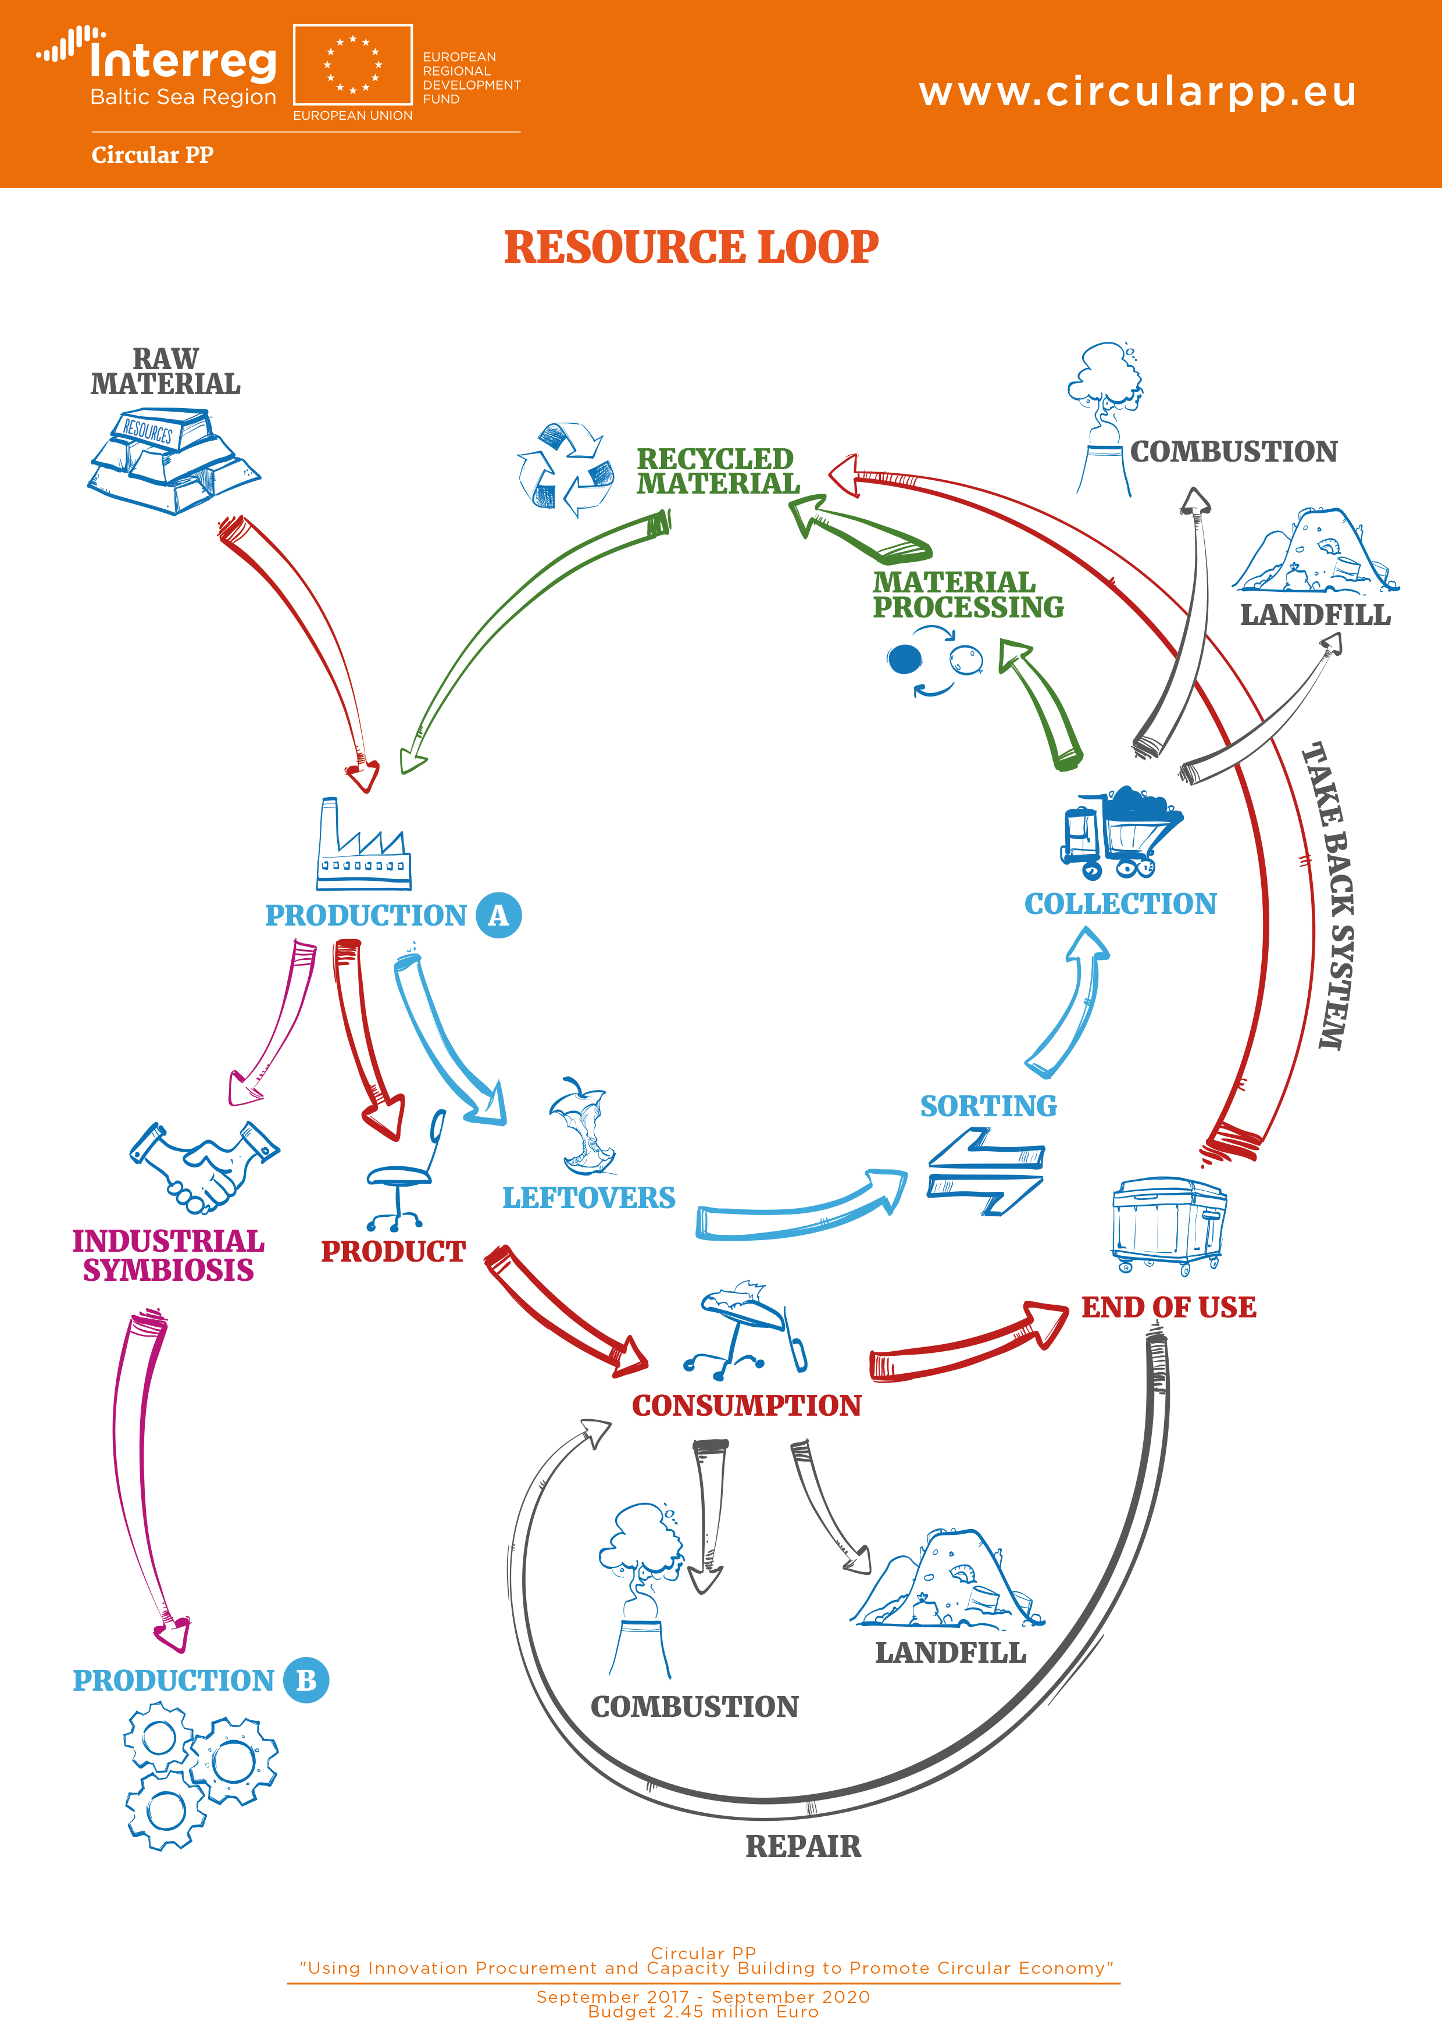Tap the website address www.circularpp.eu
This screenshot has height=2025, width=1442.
click(1137, 91)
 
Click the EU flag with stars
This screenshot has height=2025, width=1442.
click(352, 65)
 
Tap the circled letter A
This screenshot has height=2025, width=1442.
click(498, 915)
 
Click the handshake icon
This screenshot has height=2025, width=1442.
click(204, 1166)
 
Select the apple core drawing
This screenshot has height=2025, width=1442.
click(581, 1127)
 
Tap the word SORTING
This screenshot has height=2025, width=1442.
click(988, 1106)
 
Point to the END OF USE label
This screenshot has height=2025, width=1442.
click(1169, 1307)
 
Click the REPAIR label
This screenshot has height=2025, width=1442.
click(802, 1846)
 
